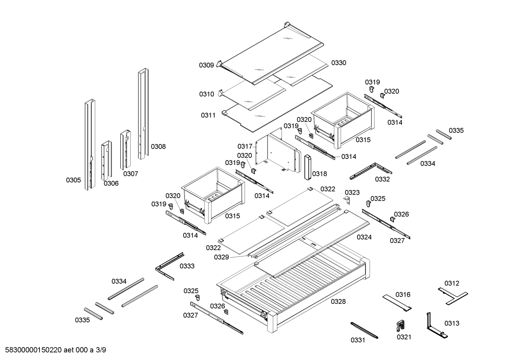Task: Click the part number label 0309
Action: [x=206, y=65]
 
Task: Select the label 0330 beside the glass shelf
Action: [x=339, y=63]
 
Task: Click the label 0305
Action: [x=73, y=180]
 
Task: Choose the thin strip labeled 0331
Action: [x=364, y=330]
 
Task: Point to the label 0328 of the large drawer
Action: [x=338, y=302]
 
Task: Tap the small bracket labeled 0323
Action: [x=347, y=200]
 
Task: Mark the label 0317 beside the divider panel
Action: [x=245, y=146]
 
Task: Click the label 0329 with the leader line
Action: [x=221, y=257]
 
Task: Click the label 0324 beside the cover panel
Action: [x=364, y=237]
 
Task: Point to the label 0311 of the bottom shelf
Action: [x=208, y=116]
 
